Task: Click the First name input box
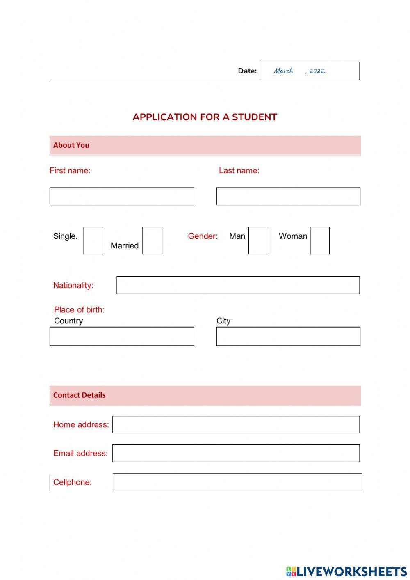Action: coord(122,196)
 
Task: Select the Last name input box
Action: coord(288,196)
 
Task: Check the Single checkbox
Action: coord(93,241)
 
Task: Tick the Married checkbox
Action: coord(153,241)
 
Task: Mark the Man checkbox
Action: coord(259,241)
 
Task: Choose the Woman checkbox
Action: coord(320,241)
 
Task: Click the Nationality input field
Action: coord(238,285)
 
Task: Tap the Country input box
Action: coord(122,336)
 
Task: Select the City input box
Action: coord(288,336)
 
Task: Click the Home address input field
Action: coord(236,425)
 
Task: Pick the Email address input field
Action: coord(236,453)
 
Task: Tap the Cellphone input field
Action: coord(237,482)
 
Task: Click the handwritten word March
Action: coord(283,71)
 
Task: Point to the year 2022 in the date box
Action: coord(317,71)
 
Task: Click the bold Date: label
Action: coord(247,71)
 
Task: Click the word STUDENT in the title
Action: coord(254,117)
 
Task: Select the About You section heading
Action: coord(71,145)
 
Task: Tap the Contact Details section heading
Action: coord(80,395)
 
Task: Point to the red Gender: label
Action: coord(203,236)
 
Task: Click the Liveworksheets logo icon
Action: coord(291,571)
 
